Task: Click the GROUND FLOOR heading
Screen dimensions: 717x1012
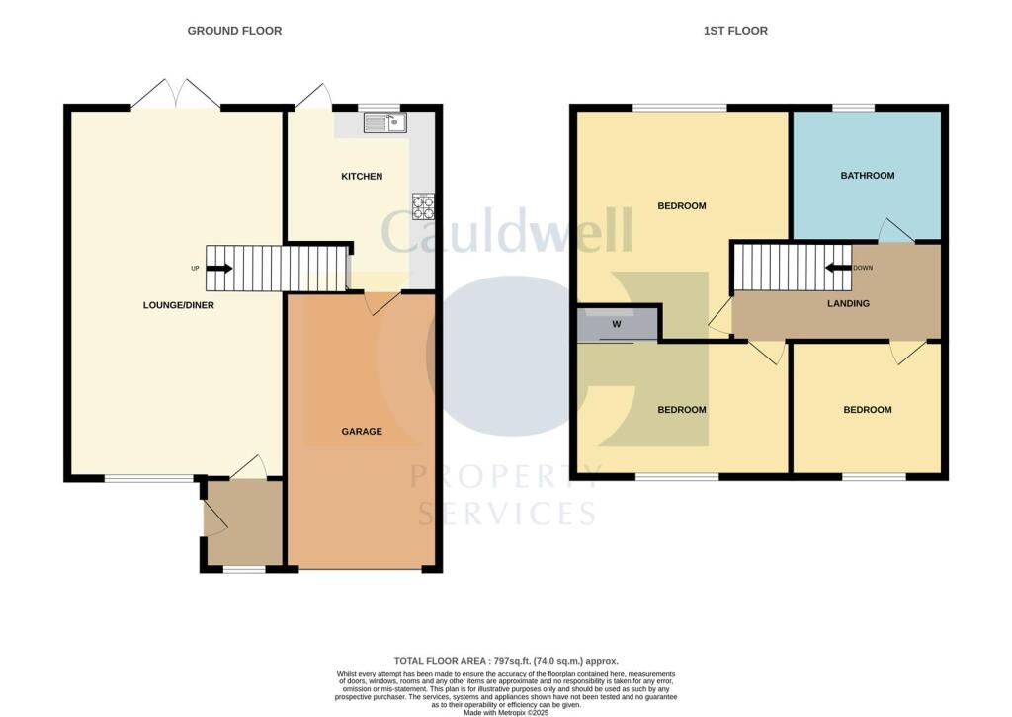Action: [x=234, y=31]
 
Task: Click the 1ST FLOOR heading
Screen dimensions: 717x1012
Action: [x=735, y=31]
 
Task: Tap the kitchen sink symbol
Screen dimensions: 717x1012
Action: [x=385, y=123]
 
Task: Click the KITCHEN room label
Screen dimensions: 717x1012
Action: [x=361, y=177]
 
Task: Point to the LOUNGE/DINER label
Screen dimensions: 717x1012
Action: [x=178, y=305]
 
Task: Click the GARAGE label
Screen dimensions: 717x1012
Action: [x=362, y=432]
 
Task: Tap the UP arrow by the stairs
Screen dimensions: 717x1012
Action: [x=219, y=268]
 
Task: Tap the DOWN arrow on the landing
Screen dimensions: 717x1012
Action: [x=840, y=267]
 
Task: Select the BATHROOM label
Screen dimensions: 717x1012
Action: [x=867, y=176]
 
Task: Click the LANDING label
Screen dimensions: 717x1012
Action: [x=848, y=303]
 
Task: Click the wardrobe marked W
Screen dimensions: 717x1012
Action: [x=616, y=323]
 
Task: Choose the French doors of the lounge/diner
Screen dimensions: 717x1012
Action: [x=176, y=96]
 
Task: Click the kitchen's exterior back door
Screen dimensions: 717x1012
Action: [x=316, y=96]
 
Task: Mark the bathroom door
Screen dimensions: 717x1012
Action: [x=896, y=231]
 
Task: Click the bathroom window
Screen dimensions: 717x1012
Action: [x=853, y=108]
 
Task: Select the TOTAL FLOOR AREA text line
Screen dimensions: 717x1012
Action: [x=505, y=660]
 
